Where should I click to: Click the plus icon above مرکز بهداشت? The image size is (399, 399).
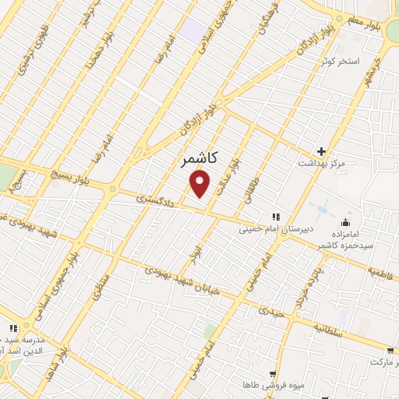tap(320, 151)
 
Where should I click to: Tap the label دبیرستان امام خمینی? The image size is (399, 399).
tap(272, 230)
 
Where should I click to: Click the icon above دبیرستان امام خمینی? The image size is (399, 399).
tap(274, 217)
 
